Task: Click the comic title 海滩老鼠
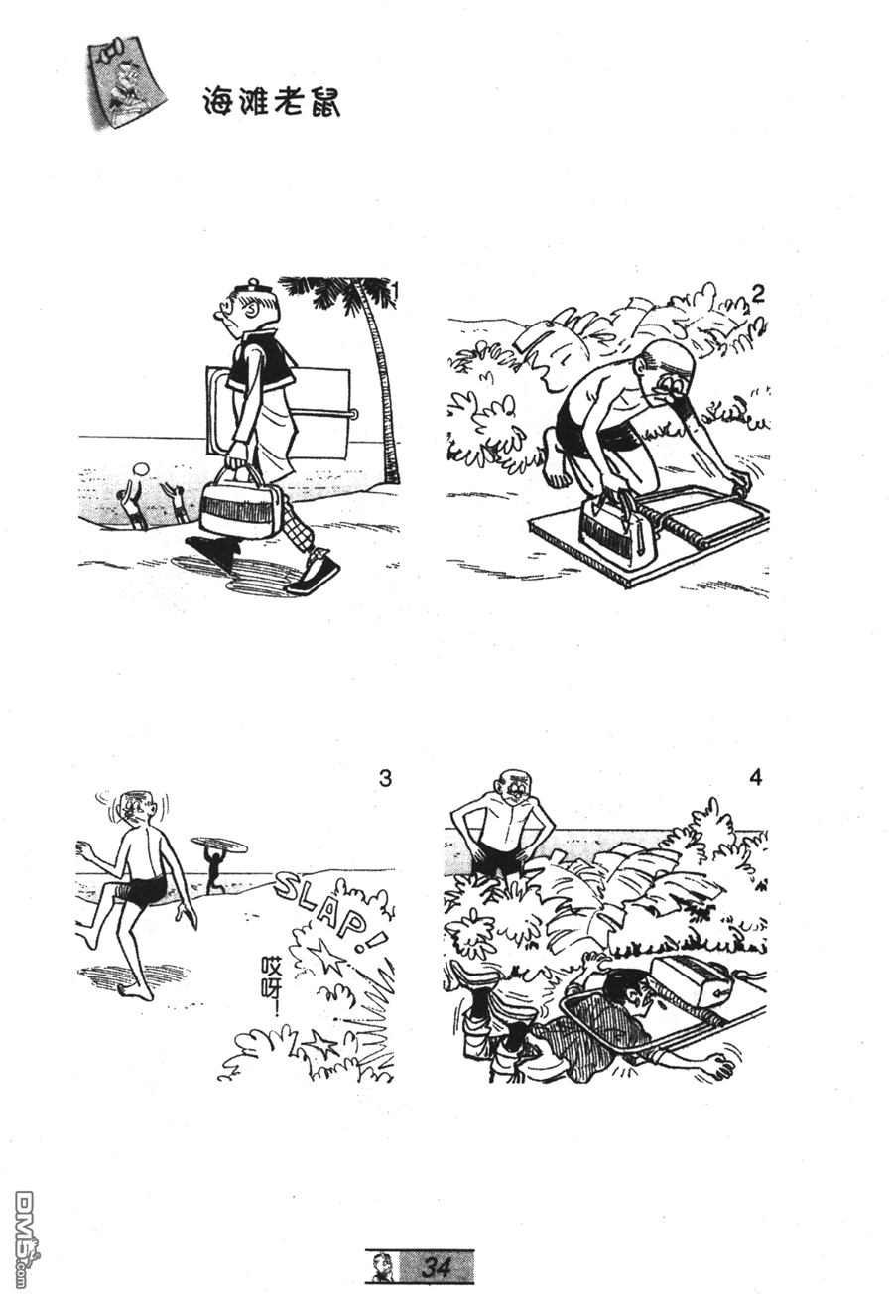271,102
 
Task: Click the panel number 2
758,294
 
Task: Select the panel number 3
385,778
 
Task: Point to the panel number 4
755,777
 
